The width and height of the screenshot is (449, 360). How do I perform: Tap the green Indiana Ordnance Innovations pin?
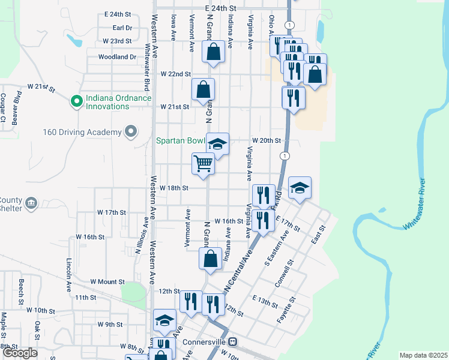point(76,101)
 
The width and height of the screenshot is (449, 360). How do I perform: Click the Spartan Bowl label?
point(180,142)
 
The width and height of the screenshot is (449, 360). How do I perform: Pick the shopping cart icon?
point(203,162)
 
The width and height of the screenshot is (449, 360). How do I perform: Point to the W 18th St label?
point(174,188)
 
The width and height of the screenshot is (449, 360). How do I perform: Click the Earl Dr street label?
point(122,28)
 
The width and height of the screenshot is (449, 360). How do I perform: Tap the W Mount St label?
point(107,281)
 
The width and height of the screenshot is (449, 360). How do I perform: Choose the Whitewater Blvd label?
point(147,61)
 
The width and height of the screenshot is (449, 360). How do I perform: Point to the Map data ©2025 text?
point(423,355)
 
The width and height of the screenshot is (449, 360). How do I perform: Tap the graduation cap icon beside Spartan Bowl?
point(218,144)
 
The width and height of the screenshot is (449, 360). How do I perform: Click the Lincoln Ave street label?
point(68,271)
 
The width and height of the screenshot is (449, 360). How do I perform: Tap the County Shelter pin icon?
point(31,204)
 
